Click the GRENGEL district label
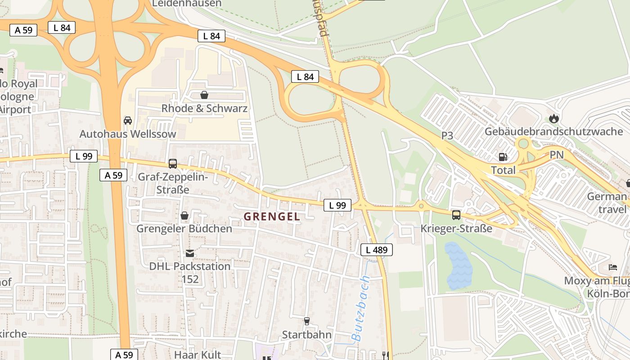tap(272, 216)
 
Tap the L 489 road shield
tap(377, 250)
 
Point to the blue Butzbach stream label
tap(360, 308)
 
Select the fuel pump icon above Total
tap(503, 157)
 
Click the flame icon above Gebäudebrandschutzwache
tap(553, 118)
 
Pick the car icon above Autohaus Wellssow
tap(128, 121)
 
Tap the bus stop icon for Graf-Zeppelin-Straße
tap(173, 163)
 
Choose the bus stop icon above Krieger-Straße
tap(456, 215)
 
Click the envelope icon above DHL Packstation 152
tap(190, 253)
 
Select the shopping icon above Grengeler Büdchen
tap(184, 216)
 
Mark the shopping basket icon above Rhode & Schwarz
tap(204, 95)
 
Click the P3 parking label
tap(447, 135)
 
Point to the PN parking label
tap(557, 155)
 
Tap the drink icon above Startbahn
tap(307, 321)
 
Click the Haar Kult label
tap(198, 355)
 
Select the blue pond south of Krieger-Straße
tap(459, 265)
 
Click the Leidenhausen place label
tap(187, 4)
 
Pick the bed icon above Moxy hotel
tap(613, 267)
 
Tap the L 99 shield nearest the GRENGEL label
tap(337, 205)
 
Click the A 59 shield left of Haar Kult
tap(124, 355)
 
